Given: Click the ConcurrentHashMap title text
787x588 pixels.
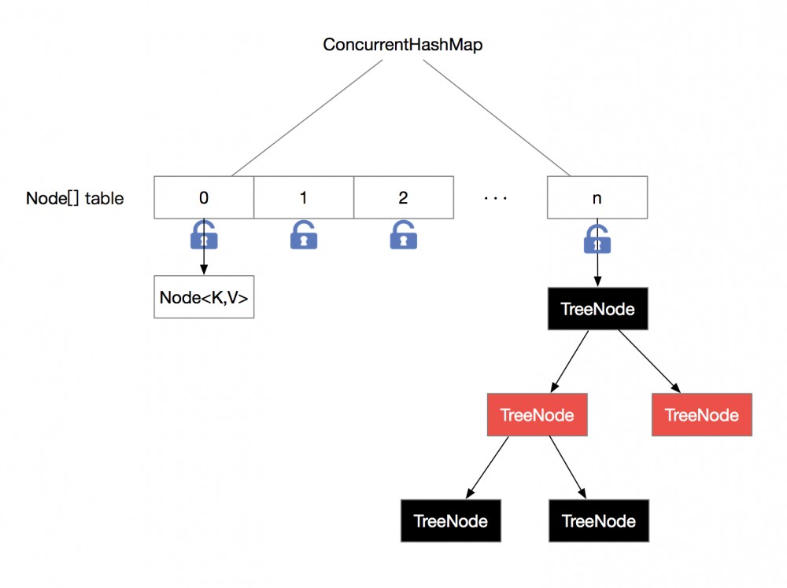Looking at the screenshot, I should coord(402,45).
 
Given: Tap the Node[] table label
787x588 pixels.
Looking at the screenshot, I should coord(75,198).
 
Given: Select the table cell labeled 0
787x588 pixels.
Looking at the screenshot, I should coord(204,197).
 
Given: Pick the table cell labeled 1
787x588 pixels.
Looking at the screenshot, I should coord(304,197).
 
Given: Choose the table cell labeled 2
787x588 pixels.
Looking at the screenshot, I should coord(403,197).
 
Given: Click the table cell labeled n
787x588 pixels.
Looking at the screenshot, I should coord(597,197).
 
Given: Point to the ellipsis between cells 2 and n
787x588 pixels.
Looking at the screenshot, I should coord(496,198).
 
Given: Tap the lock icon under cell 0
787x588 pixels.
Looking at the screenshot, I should coord(204,236).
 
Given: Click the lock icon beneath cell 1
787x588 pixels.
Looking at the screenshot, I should coord(304,235).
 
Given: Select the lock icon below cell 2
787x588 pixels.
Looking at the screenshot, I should coord(403,235).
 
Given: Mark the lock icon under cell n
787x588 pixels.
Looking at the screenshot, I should coord(597,239).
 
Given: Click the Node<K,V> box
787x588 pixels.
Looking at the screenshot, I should coord(204,297).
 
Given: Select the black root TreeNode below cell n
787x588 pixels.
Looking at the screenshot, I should coord(597,308).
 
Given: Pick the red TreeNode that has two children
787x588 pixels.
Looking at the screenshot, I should coord(537,414).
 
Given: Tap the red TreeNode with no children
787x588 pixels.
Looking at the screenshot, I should coord(701,414).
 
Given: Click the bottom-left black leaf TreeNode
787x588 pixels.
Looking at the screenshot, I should coord(450,520).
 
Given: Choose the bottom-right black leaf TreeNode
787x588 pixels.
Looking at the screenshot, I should coord(598,520).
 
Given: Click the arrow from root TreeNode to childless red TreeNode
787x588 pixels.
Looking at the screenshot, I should coord(648,358).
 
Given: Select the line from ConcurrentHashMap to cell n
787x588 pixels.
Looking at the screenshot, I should coord(497,116).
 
